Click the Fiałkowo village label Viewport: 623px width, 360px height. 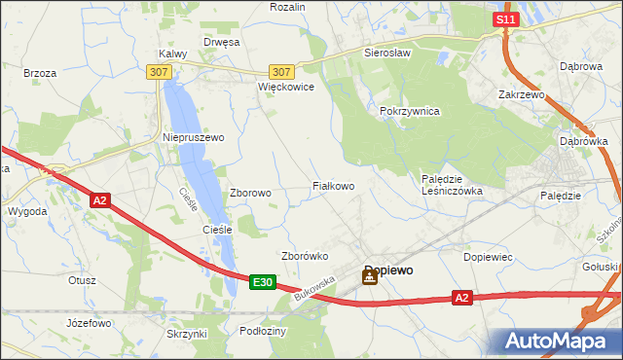(x=333, y=185)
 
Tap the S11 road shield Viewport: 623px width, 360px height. (x=504, y=19)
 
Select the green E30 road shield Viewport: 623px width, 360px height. (x=261, y=282)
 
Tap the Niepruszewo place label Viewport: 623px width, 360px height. (x=193, y=138)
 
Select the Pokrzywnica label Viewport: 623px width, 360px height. (x=410, y=112)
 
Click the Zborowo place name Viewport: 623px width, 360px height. (x=250, y=193)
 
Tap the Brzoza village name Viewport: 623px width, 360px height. (x=40, y=73)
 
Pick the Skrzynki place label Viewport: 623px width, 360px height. (x=187, y=334)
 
